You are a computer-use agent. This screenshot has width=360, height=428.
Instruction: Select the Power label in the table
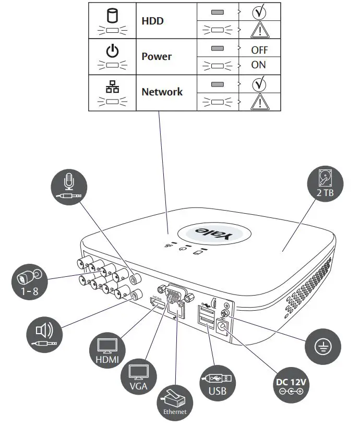(157, 56)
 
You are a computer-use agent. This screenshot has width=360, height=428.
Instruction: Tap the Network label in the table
(162, 92)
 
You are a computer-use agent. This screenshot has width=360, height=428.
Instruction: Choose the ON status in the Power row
(258, 65)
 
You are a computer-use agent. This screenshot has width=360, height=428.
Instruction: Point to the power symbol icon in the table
(112, 51)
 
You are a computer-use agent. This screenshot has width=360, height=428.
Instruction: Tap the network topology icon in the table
(112, 87)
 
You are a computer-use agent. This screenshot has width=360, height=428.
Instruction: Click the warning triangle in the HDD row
(258, 30)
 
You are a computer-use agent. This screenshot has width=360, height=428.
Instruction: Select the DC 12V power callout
(291, 386)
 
